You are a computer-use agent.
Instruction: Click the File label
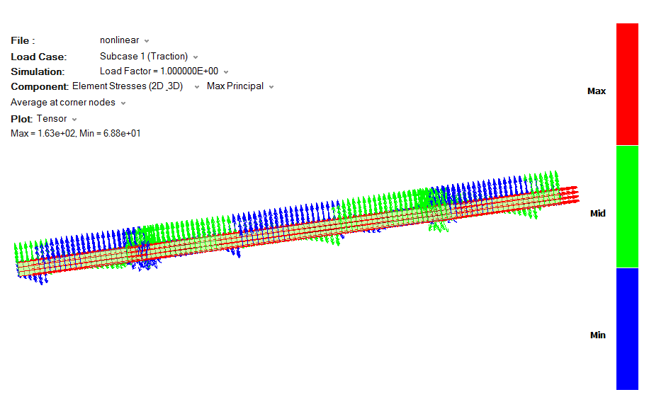(23, 40)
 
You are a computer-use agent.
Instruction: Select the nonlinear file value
(119, 40)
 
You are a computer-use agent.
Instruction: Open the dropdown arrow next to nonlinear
(147, 41)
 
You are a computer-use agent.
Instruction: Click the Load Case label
(38, 57)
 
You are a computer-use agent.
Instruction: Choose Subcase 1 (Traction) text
(144, 56)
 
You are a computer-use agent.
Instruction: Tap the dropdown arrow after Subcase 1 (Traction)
(196, 57)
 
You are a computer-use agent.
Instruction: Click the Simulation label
(38, 71)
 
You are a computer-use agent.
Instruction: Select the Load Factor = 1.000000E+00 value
(159, 71)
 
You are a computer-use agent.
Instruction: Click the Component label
(39, 86)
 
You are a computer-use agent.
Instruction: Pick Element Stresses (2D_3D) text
(128, 86)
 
